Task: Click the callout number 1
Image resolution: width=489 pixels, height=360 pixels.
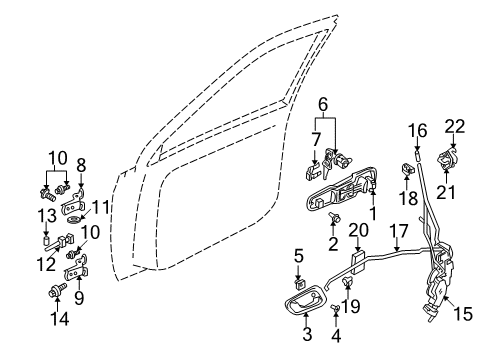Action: [x=373, y=213]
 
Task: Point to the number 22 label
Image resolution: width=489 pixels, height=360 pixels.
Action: [x=455, y=125]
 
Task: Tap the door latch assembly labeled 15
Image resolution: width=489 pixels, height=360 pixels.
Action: [x=440, y=290]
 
